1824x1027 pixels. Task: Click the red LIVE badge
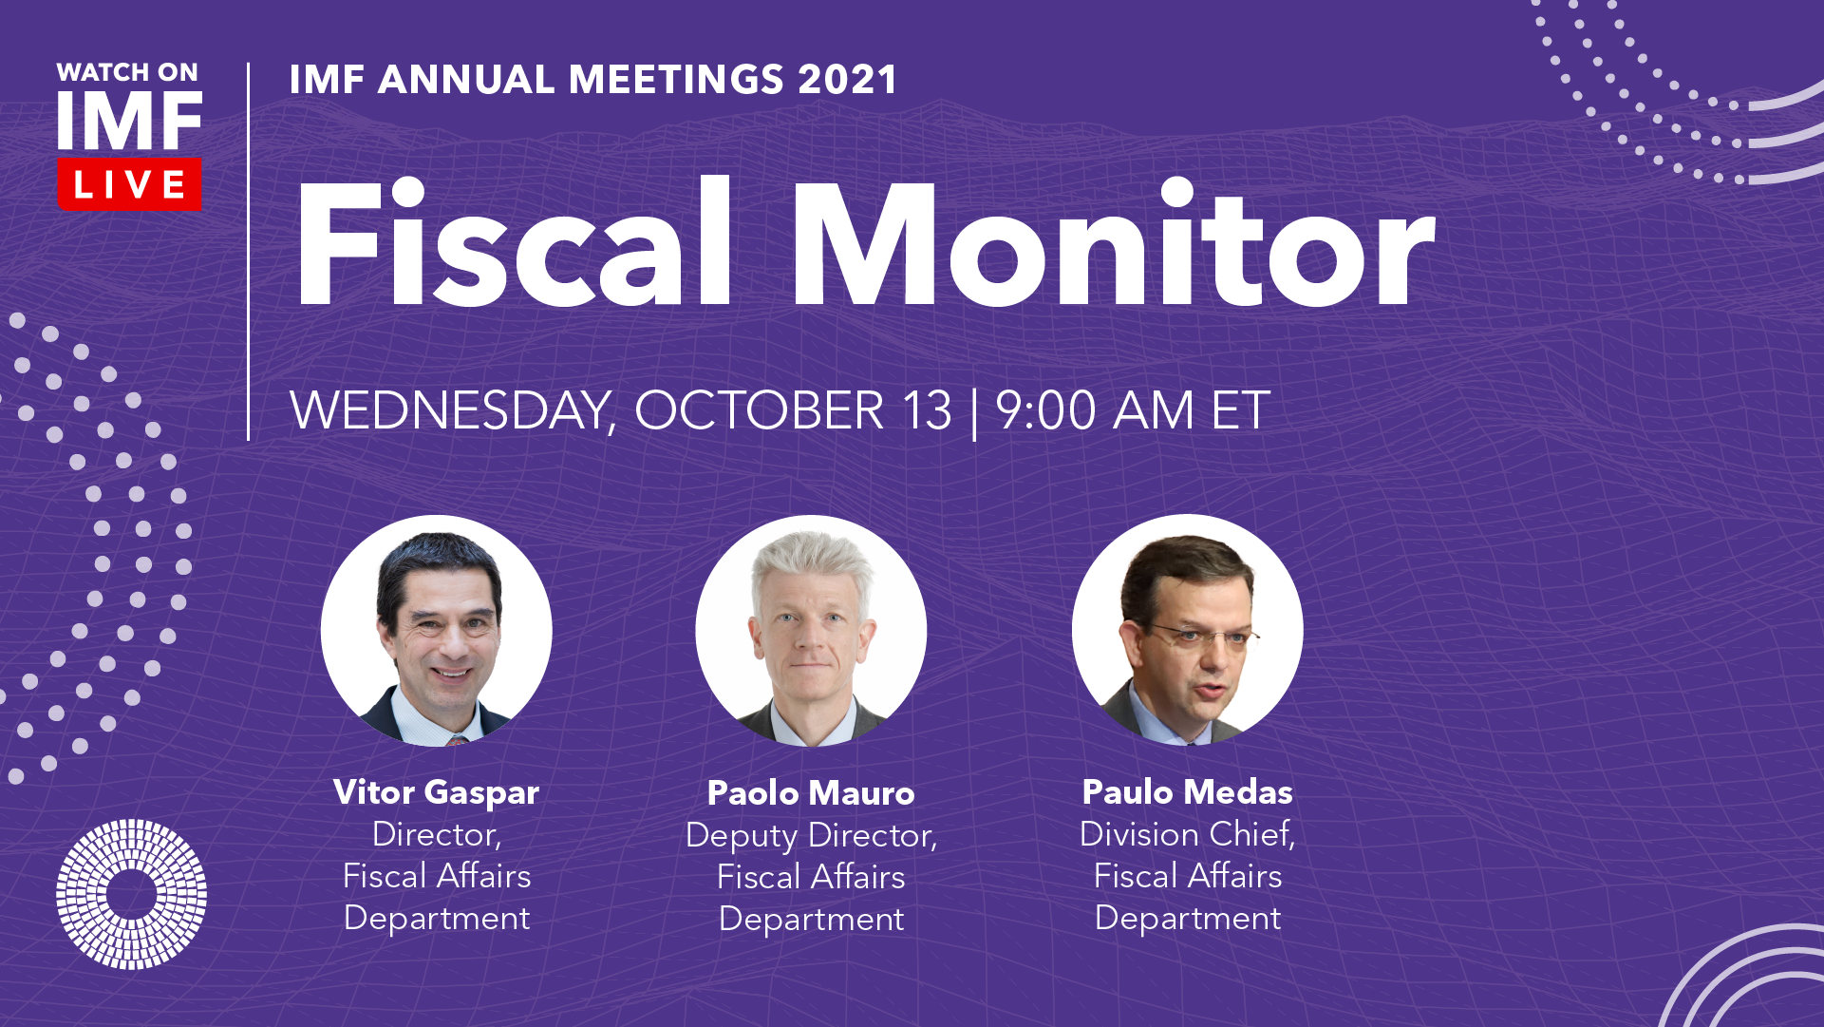point(129,183)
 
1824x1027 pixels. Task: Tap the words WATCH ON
point(127,72)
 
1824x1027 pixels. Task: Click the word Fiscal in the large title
point(514,242)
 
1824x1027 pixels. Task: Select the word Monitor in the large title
point(1113,242)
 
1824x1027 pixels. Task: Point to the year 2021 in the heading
point(847,80)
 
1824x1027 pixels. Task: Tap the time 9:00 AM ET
point(1132,410)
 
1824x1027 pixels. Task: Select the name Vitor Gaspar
point(436,792)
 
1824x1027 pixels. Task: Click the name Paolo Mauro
point(811,793)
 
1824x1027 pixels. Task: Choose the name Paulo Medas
point(1187,792)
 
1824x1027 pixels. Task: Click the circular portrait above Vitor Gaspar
point(436,631)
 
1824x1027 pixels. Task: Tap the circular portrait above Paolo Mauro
point(811,631)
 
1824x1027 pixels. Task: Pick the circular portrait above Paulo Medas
point(1187,631)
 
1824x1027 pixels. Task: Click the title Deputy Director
point(811,836)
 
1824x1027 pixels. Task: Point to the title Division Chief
point(1187,834)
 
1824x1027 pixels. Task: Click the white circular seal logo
point(131,894)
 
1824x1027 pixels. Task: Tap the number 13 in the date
point(926,411)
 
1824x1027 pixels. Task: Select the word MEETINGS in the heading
point(677,80)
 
